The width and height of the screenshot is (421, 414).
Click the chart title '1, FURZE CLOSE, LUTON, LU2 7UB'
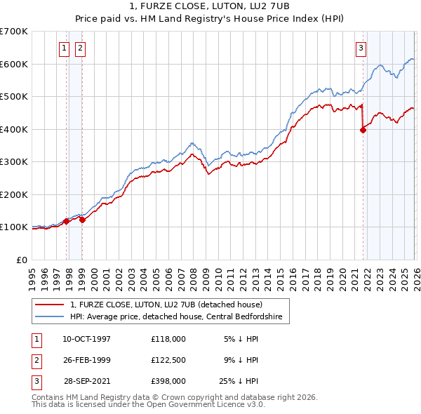[210, 8]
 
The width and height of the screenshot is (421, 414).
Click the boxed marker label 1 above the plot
[64, 48]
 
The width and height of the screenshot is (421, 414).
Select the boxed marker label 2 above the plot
[80, 48]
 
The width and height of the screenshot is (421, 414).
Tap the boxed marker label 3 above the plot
[361, 48]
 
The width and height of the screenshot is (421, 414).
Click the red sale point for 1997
[67, 221]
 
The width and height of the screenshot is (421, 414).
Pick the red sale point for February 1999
[82, 220]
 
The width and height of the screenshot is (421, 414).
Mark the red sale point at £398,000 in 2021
[363, 129]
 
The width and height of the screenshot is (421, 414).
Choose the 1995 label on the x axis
[32, 274]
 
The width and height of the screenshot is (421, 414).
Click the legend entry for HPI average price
[175, 316]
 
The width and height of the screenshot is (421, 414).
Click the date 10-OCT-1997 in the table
[86, 339]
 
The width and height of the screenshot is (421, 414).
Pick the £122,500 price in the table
[168, 360]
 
